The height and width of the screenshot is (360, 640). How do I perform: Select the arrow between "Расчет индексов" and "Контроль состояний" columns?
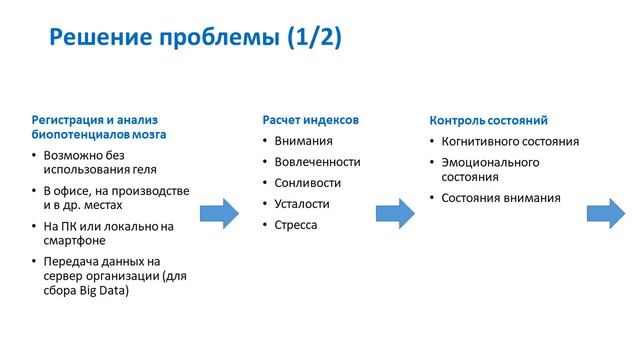(394, 213)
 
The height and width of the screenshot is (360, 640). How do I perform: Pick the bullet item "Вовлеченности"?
(317, 162)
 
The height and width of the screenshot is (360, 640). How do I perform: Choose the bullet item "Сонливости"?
(307, 183)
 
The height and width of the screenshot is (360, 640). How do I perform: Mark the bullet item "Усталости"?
(302, 204)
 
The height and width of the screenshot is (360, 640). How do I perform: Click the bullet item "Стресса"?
(296, 225)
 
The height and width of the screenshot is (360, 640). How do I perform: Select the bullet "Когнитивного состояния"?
(510, 141)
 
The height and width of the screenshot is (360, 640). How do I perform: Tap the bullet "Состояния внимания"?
(501, 197)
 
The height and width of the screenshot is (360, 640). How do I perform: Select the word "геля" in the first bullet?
(140, 170)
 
